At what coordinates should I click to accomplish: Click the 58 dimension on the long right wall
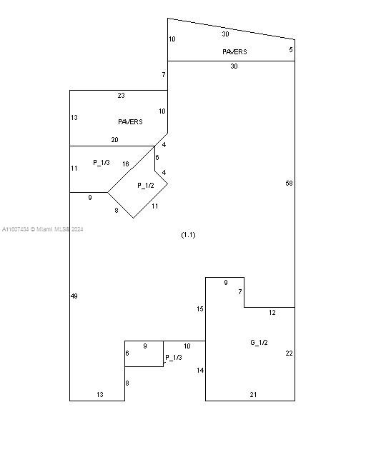[x=289, y=183]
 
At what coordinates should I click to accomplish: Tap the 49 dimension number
[x=74, y=296]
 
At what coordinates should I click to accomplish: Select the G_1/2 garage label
[x=259, y=343]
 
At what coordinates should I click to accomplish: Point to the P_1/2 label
[x=146, y=186]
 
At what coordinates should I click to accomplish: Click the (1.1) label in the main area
[x=188, y=235]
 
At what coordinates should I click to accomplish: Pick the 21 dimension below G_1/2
[x=253, y=394]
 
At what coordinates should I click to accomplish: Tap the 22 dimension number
[x=289, y=353]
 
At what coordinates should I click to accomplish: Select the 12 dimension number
[x=272, y=313]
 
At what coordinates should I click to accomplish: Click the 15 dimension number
[x=200, y=309]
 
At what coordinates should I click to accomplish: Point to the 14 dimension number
[x=200, y=370]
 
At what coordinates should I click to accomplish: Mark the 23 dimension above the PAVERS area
[x=121, y=95]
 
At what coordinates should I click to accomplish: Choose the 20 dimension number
[x=114, y=140]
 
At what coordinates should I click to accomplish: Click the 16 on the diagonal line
[x=126, y=164]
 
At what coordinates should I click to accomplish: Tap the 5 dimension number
[x=291, y=49]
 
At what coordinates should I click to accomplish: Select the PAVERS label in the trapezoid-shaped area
[x=234, y=51]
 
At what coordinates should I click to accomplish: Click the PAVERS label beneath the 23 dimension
[x=130, y=121]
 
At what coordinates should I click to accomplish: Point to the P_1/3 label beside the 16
[x=102, y=162]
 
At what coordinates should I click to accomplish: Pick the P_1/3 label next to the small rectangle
[x=174, y=357]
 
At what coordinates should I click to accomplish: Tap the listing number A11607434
[x=16, y=229]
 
